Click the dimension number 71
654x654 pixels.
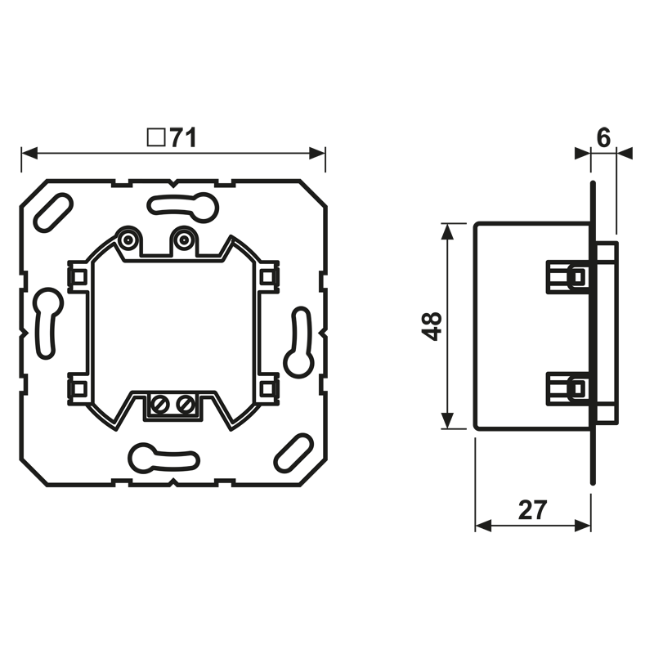pyautogui.click(x=183, y=137)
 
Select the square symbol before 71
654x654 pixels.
pyautogui.click(x=156, y=137)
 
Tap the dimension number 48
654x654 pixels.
pyautogui.click(x=432, y=326)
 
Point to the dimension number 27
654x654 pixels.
pyautogui.click(x=532, y=509)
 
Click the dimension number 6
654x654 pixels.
pyautogui.click(x=603, y=138)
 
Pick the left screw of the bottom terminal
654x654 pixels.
pyautogui.click(x=161, y=404)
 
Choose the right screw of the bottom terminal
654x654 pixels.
pyautogui.click(x=184, y=404)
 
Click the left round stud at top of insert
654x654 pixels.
pyautogui.click(x=128, y=240)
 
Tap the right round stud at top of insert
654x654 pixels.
pyautogui.click(x=182, y=240)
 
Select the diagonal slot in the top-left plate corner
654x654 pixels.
pyautogui.click(x=53, y=213)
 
